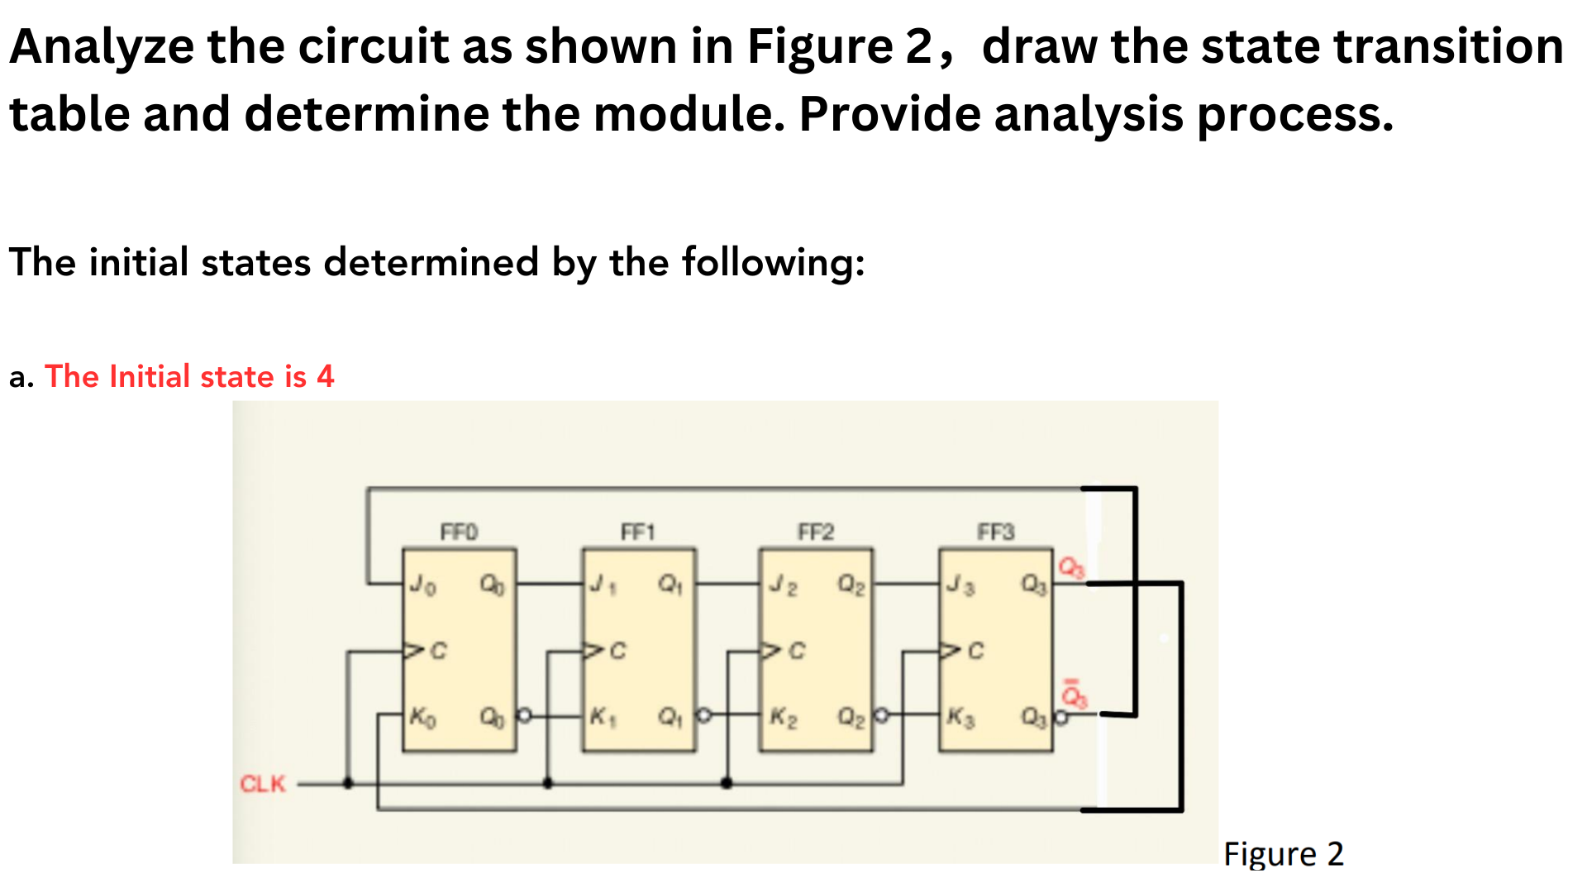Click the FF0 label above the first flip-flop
pos(459,531)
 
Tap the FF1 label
pos(637,531)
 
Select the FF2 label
pos(816,531)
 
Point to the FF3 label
pos(995,531)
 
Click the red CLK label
pos(262,783)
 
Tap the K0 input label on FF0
pos(422,716)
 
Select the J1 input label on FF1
pos(603,585)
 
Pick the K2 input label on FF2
pos(783,716)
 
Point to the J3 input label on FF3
pos(960,585)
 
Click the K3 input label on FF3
pos(960,716)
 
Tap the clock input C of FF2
pos(795,652)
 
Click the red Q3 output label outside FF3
pos(1072,567)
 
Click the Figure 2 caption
pos(1283,853)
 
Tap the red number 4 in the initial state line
pos(326,377)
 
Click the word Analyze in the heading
pos(102,46)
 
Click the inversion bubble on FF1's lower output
pos(703,714)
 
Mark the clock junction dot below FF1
pos(547,783)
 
